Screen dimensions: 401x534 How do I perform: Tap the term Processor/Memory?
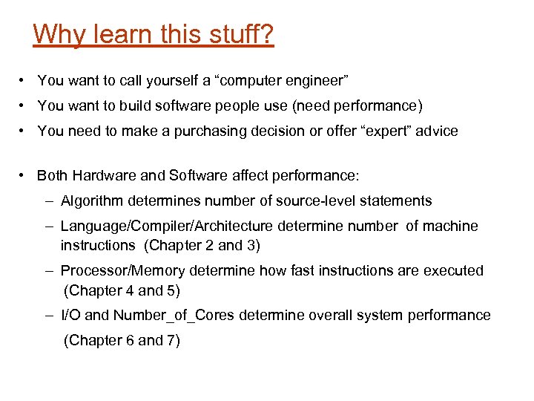(119, 270)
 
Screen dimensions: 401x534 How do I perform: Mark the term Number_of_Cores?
(174, 315)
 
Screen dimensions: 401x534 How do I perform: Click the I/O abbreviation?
(71, 315)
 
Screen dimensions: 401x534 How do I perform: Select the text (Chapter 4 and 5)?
(122, 290)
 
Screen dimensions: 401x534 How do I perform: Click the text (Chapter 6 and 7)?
(122, 340)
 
